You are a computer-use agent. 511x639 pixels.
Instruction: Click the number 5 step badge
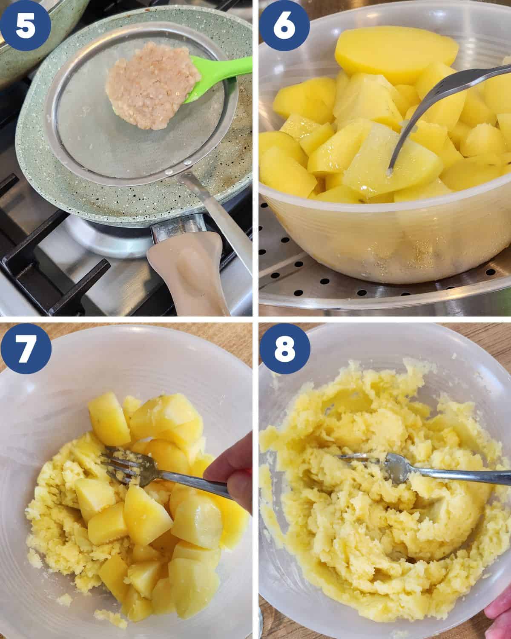click(26, 26)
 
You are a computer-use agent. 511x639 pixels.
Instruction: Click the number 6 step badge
click(284, 26)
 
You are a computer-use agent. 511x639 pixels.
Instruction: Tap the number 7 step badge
click(26, 348)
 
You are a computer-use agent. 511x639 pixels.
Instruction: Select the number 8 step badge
click(285, 348)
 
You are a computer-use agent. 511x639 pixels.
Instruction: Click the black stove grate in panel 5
click(54, 267)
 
